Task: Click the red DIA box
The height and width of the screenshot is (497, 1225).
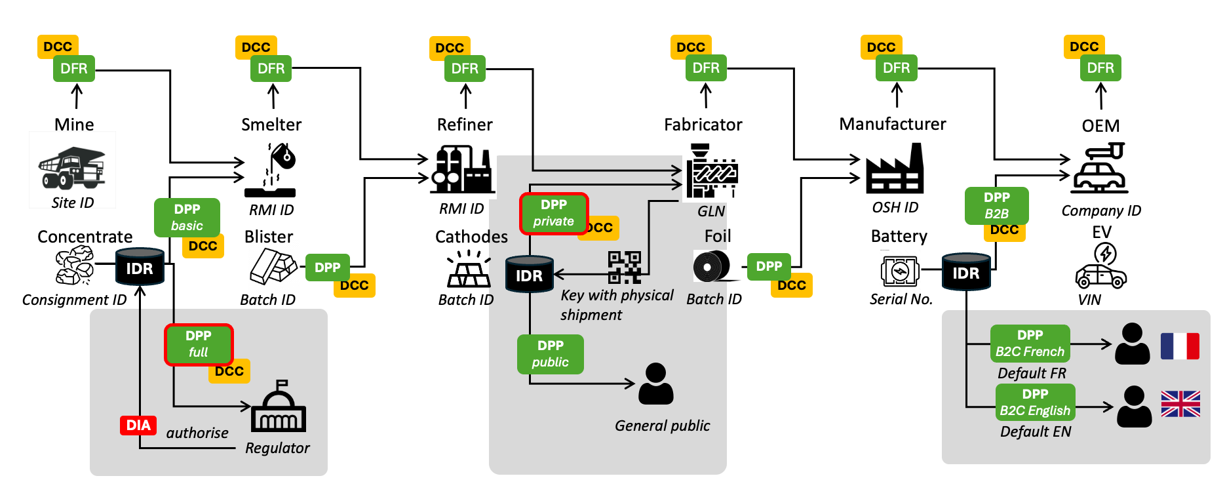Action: [x=138, y=426]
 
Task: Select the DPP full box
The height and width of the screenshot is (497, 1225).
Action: [x=199, y=344]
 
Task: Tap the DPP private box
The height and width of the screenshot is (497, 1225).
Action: [x=554, y=213]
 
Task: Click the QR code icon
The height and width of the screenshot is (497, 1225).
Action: [x=624, y=267]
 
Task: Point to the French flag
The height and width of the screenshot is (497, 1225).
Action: [x=1180, y=346]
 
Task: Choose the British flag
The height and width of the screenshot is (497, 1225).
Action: [x=1180, y=404]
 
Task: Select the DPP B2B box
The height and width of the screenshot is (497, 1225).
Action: [x=996, y=206]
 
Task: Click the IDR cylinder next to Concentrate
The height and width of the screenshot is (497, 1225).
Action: [x=140, y=267]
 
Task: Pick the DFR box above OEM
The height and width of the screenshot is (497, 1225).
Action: [x=1100, y=68]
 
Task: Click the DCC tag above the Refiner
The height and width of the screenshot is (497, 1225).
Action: [x=450, y=48]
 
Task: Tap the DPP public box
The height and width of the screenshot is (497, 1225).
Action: [x=550, y=354]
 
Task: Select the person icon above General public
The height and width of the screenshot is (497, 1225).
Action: [x=655, y=384]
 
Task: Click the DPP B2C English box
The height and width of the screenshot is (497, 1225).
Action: [x=1035, y=402]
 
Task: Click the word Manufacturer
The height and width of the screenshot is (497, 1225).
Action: [x=893, y=124]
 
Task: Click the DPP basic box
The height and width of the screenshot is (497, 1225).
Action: [x=187, y=218]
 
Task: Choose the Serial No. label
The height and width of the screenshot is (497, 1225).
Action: [x=901, y=300]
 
